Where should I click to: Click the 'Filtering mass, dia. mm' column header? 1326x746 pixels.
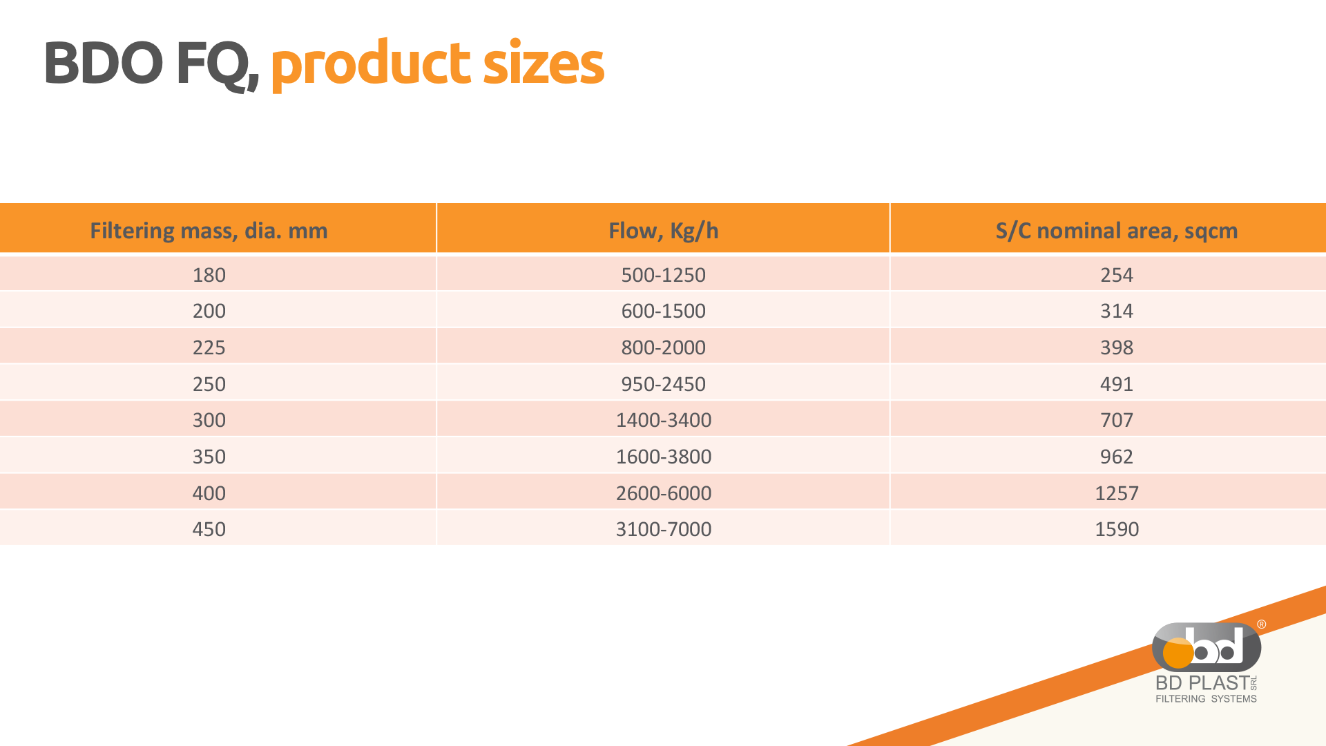click(209, 231)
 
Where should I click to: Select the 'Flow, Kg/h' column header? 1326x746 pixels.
click(663, 231)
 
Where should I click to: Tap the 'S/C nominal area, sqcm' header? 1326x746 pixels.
click(1117, 231)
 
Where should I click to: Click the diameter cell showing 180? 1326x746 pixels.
click(209, 275)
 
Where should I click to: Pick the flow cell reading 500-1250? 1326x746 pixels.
click(663, 275)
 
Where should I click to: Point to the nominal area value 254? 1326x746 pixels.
click(1117, 275)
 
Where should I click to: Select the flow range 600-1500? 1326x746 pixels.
click(663, 311)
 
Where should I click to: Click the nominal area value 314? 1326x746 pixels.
click(1117, 311)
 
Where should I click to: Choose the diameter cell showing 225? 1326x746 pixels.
click(209, 347)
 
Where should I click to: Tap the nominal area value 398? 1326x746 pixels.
click(1117, 347)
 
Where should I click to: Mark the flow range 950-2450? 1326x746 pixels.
click(663, 384)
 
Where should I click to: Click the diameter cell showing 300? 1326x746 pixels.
click(209, 420)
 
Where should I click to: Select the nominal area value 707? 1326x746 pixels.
click(1117, 420)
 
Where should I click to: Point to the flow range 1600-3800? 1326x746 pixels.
click(663, 457)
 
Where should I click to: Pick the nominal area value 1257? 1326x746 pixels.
click(1117, 493)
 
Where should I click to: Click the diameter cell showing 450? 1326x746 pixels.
click(209, 529)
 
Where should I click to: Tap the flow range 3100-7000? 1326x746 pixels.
click(663, 529)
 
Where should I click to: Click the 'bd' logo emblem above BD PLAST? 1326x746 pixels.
click(1207, 647)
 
